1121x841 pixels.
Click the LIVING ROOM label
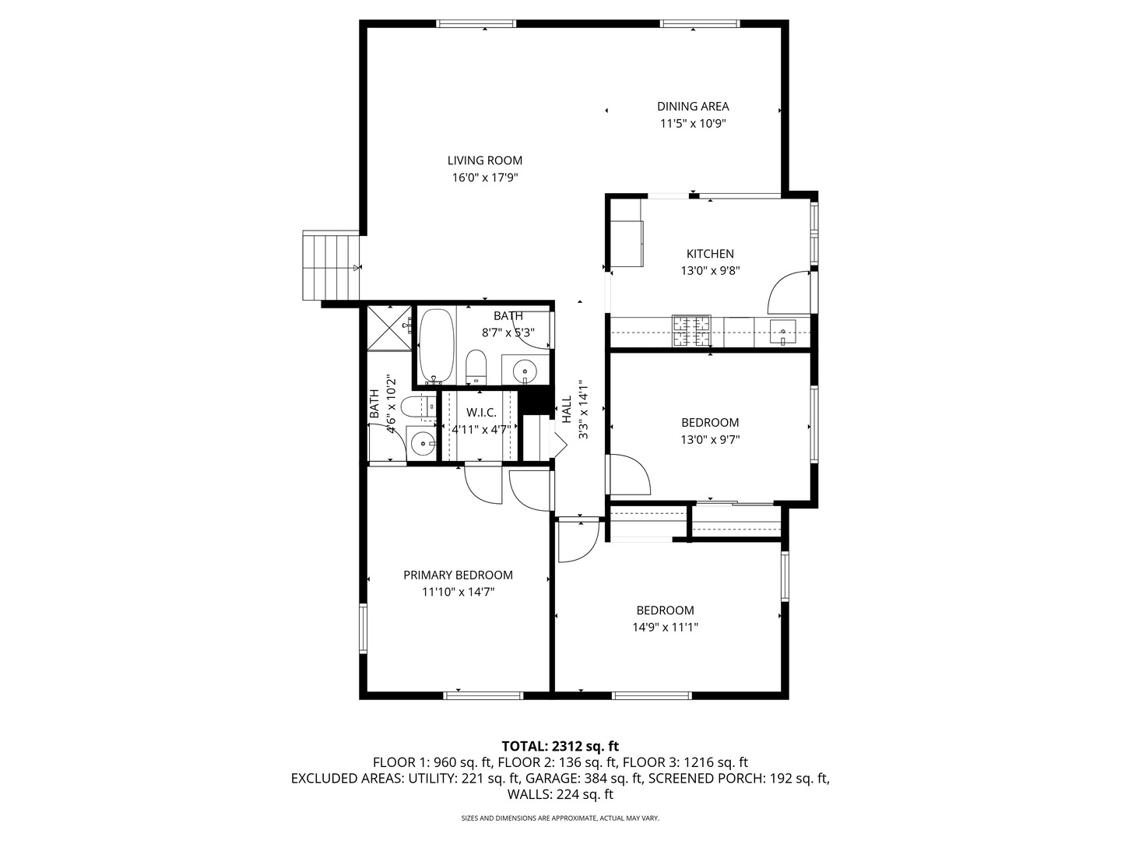pyautogui.click(x=484, y=160)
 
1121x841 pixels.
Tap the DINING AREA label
pyautogui.click(x=693, y=107)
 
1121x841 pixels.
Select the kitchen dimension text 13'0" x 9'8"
pyautogui.click(x=710, y=271)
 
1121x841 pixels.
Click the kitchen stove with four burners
pyautogui.click(x=691, y=331)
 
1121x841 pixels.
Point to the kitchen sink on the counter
pyautogui.click(x=782, y=332)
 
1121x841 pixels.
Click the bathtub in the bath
pyautogui.click(x=436, y=347)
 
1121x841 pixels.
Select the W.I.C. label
pyautogui.click(x=481, y=412)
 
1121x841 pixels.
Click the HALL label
pyautogui.click(x=567, y=409)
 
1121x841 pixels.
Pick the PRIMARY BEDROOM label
pyautogui.click(x=458, y=575)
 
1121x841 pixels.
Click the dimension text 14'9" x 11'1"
pyautogui.click(x=665, y=628)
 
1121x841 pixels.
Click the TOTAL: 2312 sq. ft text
pyautogui.click(x=560, y=746)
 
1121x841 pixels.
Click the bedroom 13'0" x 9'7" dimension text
pyautogui.click(x=710, y=440)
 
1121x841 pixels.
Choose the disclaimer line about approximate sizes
pyautogui.click(x=560, y=818)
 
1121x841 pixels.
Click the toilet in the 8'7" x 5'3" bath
pyautogui.click(x=476, y=368)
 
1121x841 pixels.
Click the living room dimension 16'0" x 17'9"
pyautogui.click(x=484, y=178)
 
